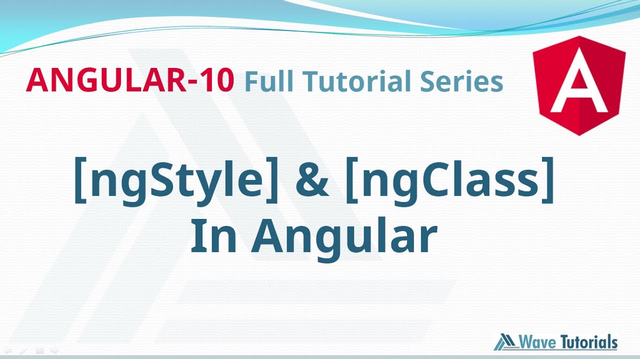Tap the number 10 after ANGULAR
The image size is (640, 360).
pyautogui.click(x=216, y=80)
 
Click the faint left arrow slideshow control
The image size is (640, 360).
pyautogui.click(x=7, y=351)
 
